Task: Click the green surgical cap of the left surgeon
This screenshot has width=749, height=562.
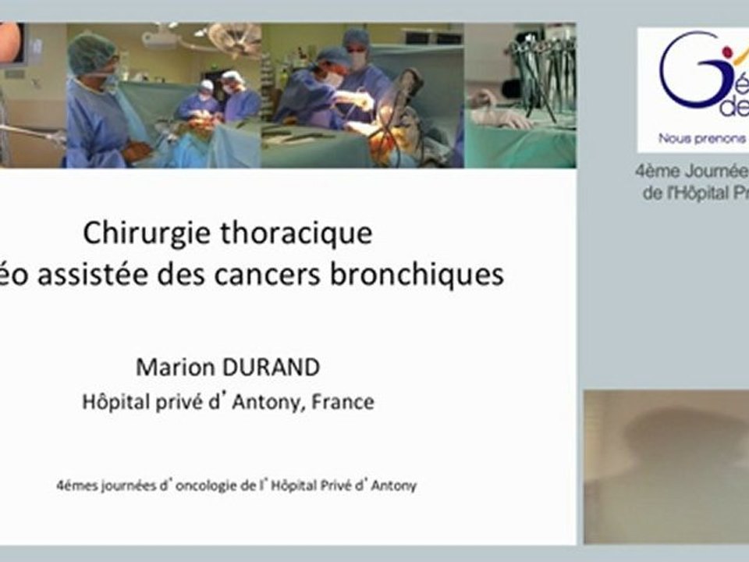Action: tap(91, 53)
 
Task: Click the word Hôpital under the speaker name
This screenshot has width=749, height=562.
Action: tap(114, 403)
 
